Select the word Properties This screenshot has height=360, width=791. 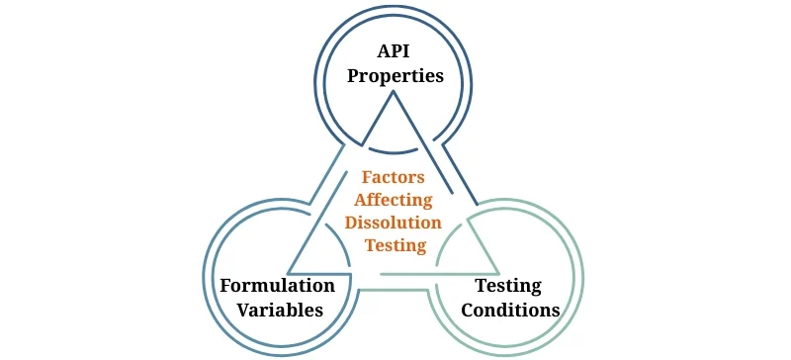pyautogui.click(x=395, y=75)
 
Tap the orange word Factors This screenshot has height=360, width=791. pyautogui.click(x=393, y=178)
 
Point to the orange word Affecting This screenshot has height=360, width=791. pyautogui.click(x=394, y=201)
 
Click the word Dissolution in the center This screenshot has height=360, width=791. pyautogui.click(x=394, y=224)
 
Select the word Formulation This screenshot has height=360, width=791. pyautogui.click(x=277, y=286)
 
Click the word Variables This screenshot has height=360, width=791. pyautogui.click(x=277, y=310)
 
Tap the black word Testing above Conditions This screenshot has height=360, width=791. pyautogui.click(x=508, y=286)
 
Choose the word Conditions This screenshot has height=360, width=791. pyautogui.click(x=508, y=310)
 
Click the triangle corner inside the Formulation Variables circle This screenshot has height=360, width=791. pyautogui.click(x=289, y=271)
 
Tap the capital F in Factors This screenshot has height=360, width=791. pyautogui.click(x=367, y=178)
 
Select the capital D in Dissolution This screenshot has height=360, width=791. pyautogui.click(x=349, y=224)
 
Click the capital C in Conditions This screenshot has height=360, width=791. pyautogui.click(x=463, y=310)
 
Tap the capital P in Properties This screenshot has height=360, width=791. pyautogui.click(x=353, y=75)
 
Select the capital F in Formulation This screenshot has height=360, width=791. pyautogui.click(x=224, y=286)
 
